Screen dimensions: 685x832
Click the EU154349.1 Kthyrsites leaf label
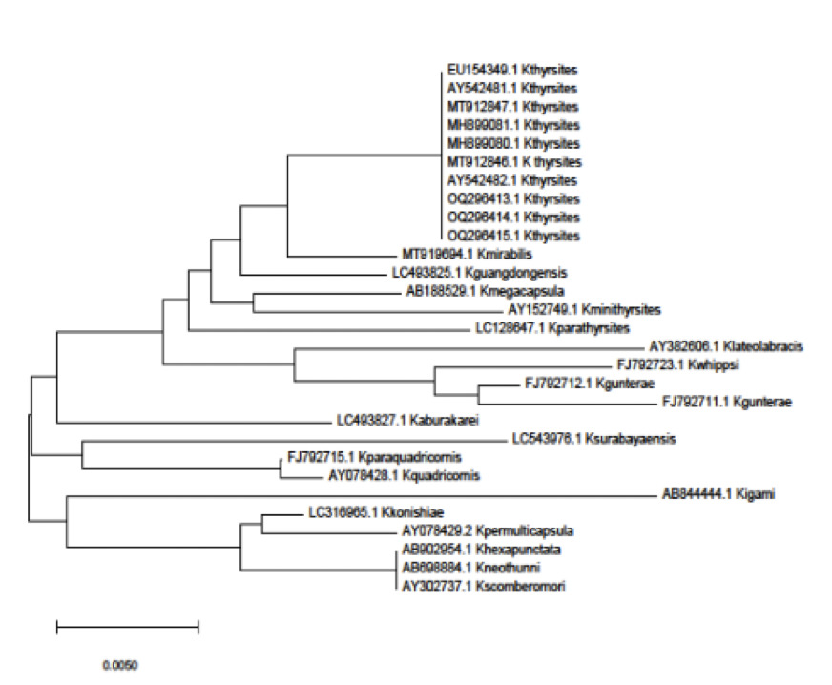pyautogui.click(x=512, y=70)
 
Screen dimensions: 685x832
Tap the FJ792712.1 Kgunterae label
pyautogui.click(x=584, y=384)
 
